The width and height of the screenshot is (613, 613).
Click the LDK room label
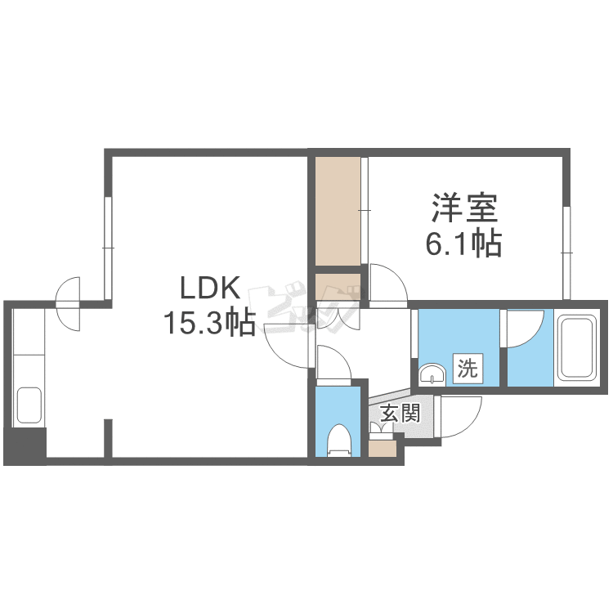click(x=209, y=289)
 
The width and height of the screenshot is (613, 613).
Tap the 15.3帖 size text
click(x=209, y=323)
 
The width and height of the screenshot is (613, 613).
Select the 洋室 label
click(x=464, y=208)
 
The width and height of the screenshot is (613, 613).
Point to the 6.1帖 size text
click(x=463, y=244)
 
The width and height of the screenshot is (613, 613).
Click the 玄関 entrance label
click(x=400, y=413)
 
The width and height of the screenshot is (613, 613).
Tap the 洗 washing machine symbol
click(x=468, y=369)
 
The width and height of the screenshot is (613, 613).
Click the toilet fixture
click(x=339, y=440)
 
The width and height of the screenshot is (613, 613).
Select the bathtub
click(x=577, y=347)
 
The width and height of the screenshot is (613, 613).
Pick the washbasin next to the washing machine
click(x=432, y=374)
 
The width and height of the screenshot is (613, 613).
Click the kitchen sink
click(x=29, y=405)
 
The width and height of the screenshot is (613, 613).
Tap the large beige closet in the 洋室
click(x=338, y=211)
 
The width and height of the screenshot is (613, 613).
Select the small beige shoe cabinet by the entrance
click(x=383, y=450)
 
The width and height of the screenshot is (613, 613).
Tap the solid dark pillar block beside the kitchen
click(x=25, y=446)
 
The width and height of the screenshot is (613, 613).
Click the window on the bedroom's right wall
click(x=566, y=253)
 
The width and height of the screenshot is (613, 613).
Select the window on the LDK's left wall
click(x=108, y=248)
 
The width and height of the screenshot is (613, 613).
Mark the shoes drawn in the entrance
click(x=381, y=428)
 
